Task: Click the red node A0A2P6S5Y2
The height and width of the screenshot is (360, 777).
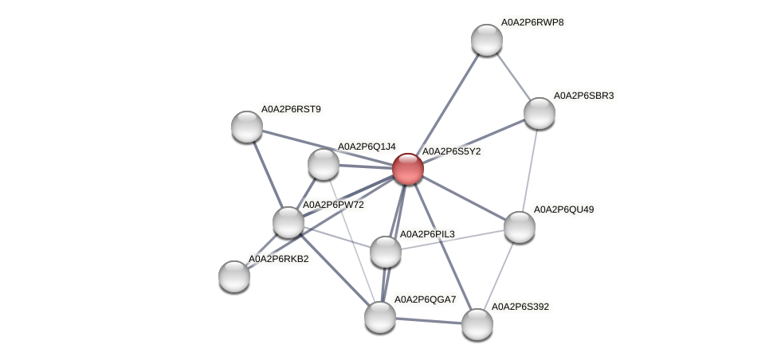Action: click(x=407, y=169)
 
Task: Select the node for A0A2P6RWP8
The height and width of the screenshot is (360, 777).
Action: click(x=486, y=40)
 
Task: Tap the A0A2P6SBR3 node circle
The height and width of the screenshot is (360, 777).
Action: click(x=540, y=113)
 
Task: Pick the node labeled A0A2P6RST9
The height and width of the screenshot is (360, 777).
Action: click(x=247, y=126)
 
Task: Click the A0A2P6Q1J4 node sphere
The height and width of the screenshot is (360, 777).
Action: click(x=323, y=164)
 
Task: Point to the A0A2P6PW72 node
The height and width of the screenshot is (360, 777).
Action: click(x=288, y=221)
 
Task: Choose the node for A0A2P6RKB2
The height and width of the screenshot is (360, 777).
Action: click(x=234, y=276)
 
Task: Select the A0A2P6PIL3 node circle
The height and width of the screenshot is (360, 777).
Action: click(x=386, y=252)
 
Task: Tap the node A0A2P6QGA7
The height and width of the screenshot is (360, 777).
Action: click(x=380, y=316)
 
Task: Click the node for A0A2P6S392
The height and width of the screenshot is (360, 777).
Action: click(x=477, y=323)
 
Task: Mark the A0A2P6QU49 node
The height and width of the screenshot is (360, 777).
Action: click(x=520, y=227)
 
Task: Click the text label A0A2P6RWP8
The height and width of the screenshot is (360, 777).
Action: click(x=532, y=22)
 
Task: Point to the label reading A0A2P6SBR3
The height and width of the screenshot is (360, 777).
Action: click(x=583, y=96)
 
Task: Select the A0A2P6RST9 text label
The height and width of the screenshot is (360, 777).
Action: click(x=291, y=108)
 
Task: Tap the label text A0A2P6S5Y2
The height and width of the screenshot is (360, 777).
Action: click(x=450, y=151)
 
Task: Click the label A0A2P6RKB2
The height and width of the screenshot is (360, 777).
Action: click(x=278, y=259)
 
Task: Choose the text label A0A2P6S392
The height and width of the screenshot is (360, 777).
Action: click(x=520, y=307)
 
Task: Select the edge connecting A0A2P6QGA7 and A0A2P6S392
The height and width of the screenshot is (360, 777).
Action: click(x=429, y=320)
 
